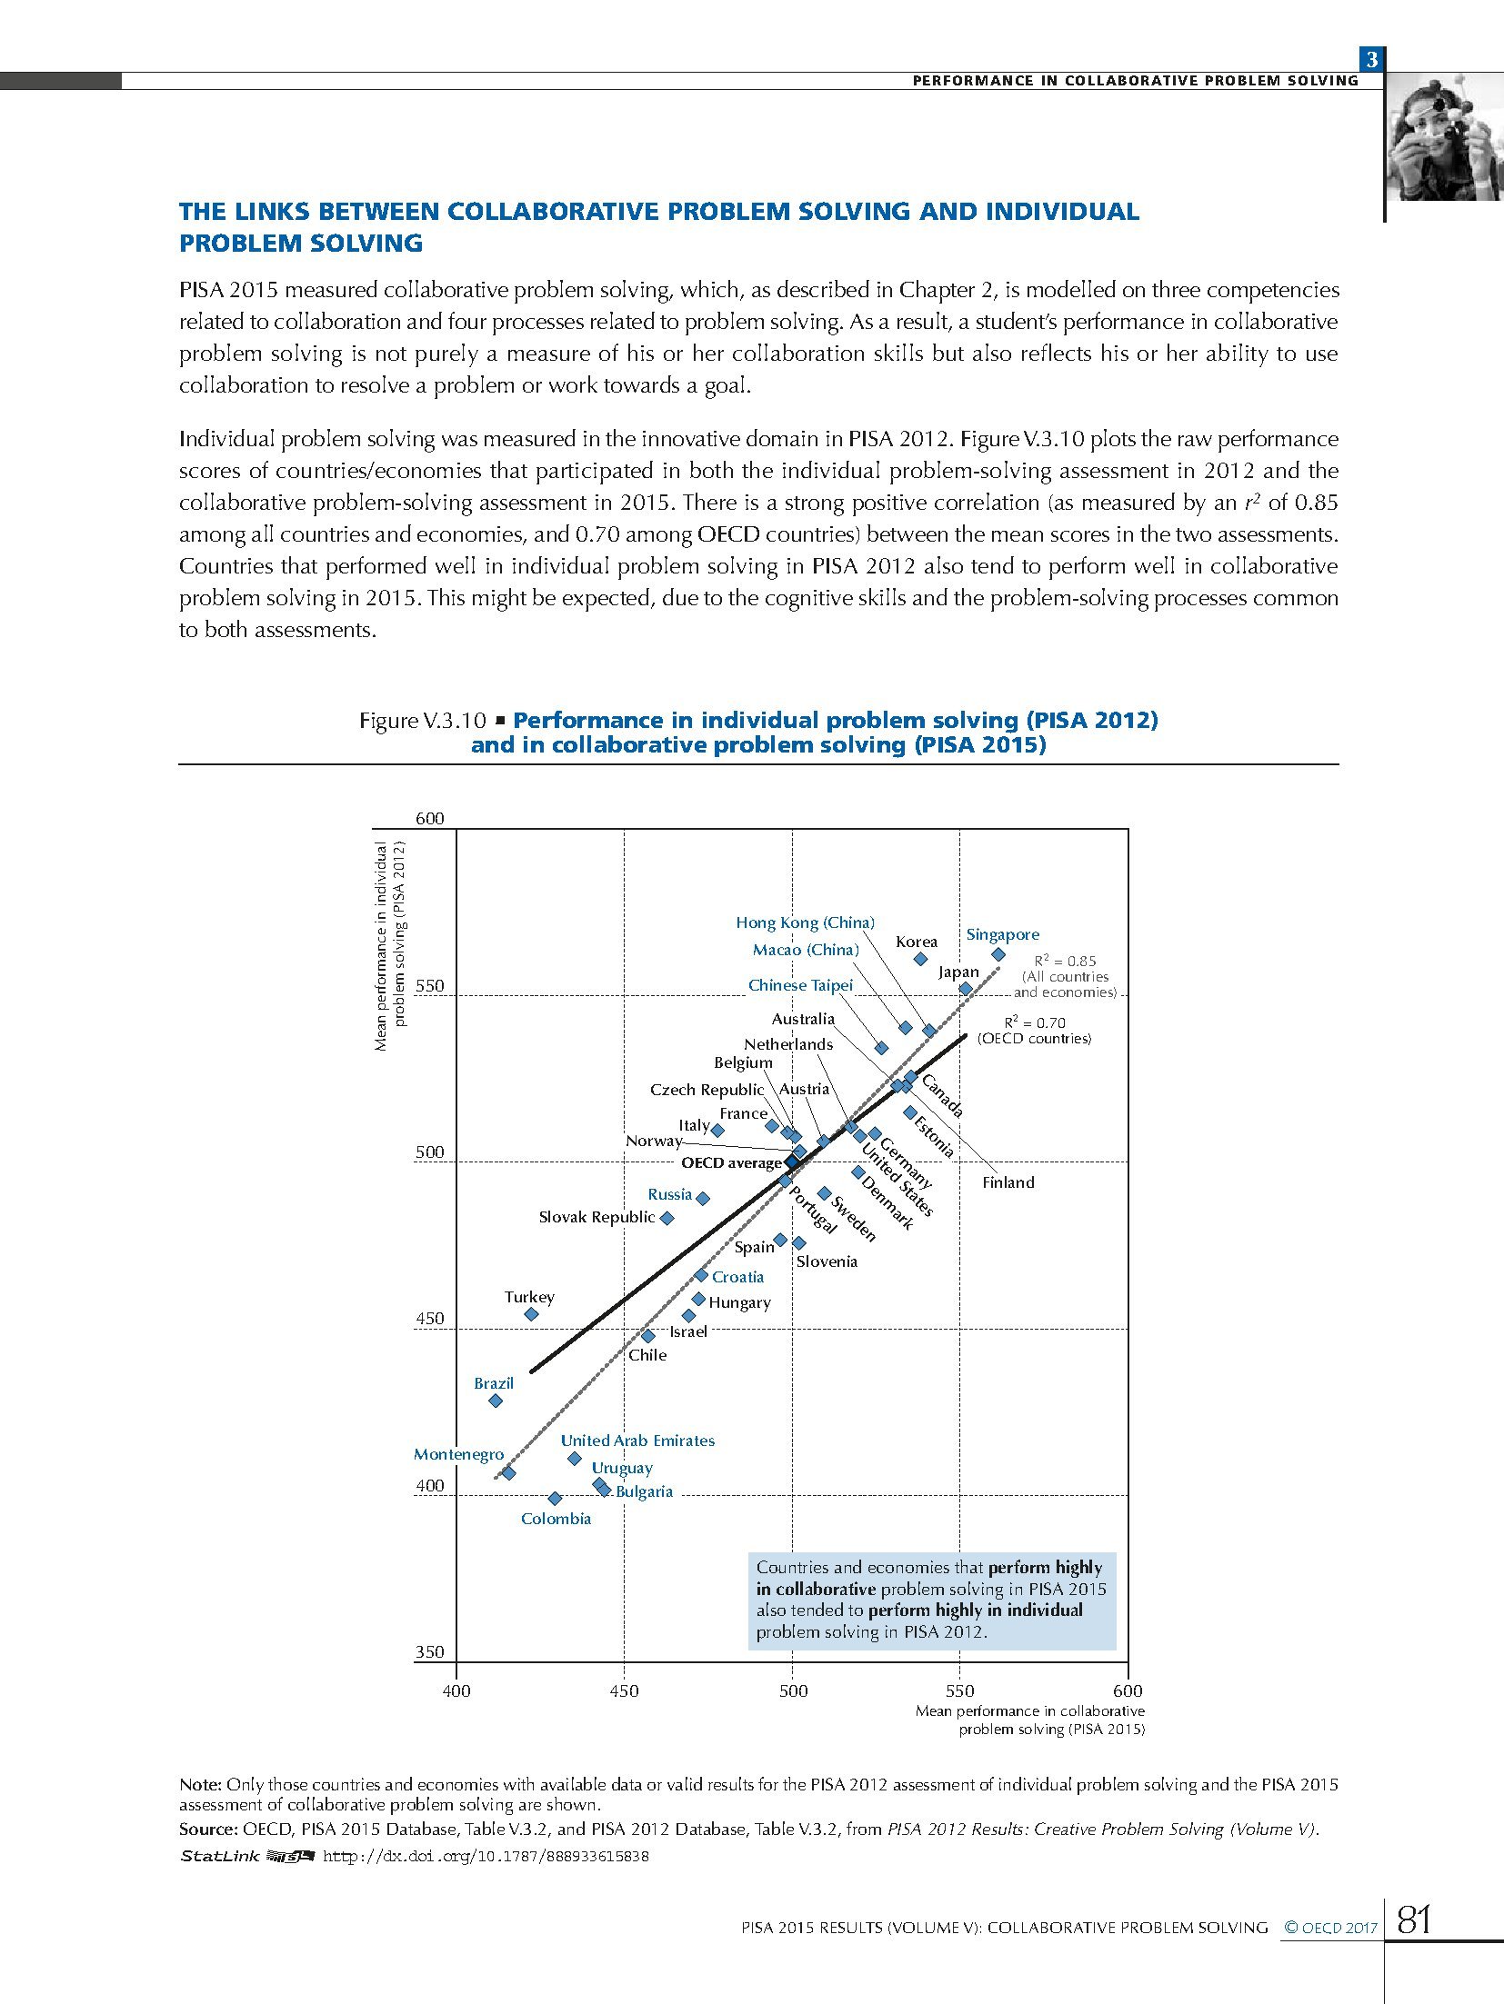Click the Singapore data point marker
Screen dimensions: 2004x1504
pyautogui.click(x=998, y=954)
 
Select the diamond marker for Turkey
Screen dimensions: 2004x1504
pyautogui.click(x=532, y=1314)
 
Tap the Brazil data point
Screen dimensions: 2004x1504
pyautogui.click(x=496, y=1401)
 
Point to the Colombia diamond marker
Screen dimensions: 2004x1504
pyautogui.click(x=555, y=1499)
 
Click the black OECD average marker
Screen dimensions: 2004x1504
pyautogui.click(x=791, y=1162)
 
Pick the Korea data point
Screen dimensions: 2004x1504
pyautogui.click(x=920, y=959)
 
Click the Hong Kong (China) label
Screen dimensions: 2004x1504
pyautogui.click(x=805, y=922)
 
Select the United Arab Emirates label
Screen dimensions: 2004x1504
pyautogui.click(x=637, y=1441)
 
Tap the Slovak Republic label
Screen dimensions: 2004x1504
pyautogui.click(x=597, y=1217)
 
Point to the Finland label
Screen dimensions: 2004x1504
pyautogui.click(x=1008, y=1182)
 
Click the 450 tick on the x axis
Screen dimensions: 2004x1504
pyautogui.click(x=624, y=1690)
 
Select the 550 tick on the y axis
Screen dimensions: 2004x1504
pyautogui.click(x=429, y=986)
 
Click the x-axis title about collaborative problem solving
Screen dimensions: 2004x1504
pyautogui.click(x=1029, y=1720)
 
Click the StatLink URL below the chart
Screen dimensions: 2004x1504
pyautogui.click(x=486, y=1856)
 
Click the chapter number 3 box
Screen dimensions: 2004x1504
pyautogui.click(x=1371, y=60)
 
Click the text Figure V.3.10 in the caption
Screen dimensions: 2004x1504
pyautogui.click(x=423, y=721)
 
